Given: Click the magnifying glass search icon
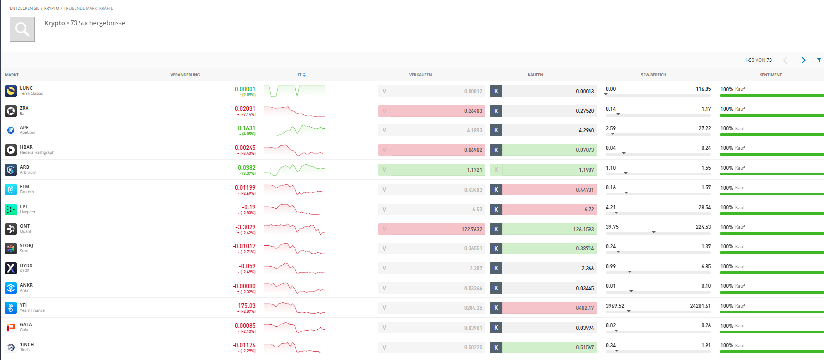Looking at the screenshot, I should [x=22, y=29].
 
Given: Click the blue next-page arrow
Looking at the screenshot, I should [x=803, y=60].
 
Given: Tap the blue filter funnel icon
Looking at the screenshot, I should [x=819, y=60].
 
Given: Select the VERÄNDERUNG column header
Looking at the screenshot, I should [x=185, y=75].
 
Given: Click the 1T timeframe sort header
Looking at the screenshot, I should [x=301, y=75].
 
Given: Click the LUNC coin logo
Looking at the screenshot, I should [x=11, y=91].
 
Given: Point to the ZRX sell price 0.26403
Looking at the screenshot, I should [x=473, y=111].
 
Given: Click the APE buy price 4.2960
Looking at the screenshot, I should [x=586, y=130].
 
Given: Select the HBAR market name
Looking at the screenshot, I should [x=26, y=147].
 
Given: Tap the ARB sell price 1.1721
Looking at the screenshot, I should [x=474, y=170].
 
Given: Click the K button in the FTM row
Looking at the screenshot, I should [x=496, y=190].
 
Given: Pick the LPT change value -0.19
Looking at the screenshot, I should [x=249, y=207].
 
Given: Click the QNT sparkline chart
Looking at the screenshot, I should [x=294, y=229].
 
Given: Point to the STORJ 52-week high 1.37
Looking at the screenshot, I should [x=706, y=246].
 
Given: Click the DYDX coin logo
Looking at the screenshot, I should [x=11, y=268].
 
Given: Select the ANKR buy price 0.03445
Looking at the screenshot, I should [x=585, y=288].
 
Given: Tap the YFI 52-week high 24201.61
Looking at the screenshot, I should [x=700, y=306].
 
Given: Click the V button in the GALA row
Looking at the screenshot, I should [x=384, y=328].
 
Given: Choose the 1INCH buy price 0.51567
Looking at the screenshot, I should [x=585, y=347].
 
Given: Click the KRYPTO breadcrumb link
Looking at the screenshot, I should [x=51, y=8].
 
